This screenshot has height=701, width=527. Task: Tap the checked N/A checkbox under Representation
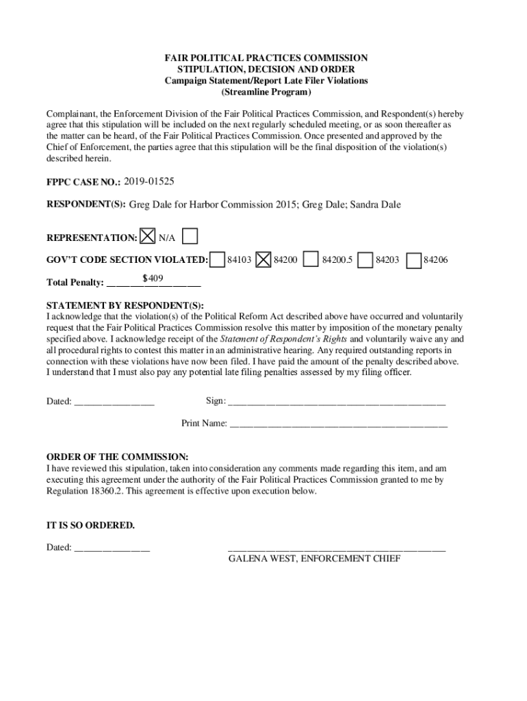point(147,237)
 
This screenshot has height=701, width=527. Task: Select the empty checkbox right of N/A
point(191,237)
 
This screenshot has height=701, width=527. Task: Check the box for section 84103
point(218,259)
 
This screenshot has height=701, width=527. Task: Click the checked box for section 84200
point(264,259)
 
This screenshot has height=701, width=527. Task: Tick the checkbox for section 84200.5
point(311,259)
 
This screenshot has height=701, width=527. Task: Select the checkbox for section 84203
point(366,259)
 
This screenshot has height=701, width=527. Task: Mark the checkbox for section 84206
point(413,259)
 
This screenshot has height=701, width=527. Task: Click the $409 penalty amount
point(152,278)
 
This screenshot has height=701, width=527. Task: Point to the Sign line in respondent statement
point(336,400)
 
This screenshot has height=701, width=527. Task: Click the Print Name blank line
point(339,423)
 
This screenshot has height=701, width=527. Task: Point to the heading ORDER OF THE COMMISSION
point(117,457)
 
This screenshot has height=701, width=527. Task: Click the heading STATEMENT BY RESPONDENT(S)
point(125,305)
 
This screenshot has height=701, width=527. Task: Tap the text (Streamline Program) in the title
point(266,92)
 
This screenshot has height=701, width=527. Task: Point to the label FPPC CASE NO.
point(83,182)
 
